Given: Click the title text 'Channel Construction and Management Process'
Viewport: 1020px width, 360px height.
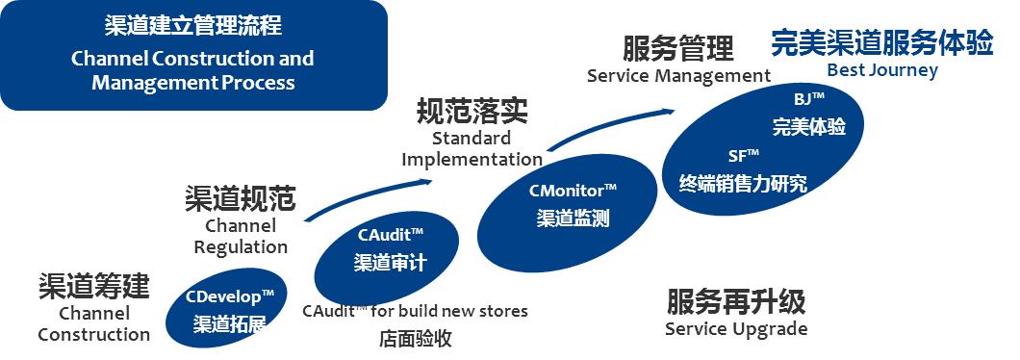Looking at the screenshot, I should (192, 70).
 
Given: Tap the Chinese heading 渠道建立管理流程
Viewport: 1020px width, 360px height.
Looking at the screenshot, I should (192, 25).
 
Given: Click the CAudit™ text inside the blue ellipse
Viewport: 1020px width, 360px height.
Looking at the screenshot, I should (392, 234).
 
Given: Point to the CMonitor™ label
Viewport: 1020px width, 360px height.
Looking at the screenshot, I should (573, 190).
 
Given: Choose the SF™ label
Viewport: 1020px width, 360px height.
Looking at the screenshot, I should (744, 155).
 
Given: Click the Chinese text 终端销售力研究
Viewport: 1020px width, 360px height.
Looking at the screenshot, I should (743, 183).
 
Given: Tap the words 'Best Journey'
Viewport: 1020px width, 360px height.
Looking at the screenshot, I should (882, 70).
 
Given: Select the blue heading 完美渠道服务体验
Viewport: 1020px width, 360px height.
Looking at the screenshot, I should (881, 44).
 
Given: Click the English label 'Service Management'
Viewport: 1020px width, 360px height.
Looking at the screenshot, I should (678, 75).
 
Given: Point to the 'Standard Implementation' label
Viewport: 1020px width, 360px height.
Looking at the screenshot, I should (472, 149).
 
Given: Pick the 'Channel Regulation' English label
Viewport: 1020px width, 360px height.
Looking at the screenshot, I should (241, 236).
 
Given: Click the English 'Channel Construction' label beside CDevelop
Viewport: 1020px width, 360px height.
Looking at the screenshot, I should (93, 324).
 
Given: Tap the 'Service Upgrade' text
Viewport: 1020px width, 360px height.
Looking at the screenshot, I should (736, 329).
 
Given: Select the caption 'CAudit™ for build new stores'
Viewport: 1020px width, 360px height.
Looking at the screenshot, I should (415, 311).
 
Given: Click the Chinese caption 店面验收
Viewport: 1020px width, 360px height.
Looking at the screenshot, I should (415, 339).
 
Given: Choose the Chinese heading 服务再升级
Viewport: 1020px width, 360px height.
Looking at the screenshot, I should (736, 301).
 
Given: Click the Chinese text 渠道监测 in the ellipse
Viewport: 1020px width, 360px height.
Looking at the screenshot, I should (573, 218).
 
